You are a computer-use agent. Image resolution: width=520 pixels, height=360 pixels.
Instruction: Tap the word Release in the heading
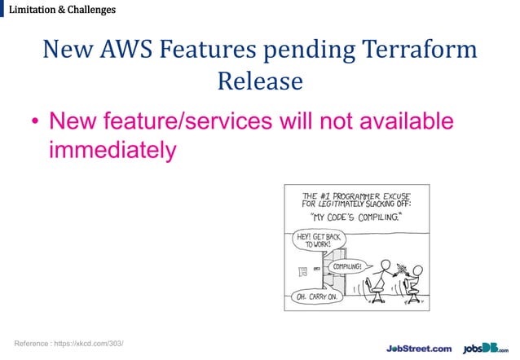260,81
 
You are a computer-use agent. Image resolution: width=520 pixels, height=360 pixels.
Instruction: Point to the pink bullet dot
35,124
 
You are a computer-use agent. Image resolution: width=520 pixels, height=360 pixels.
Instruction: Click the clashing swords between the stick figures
399,268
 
